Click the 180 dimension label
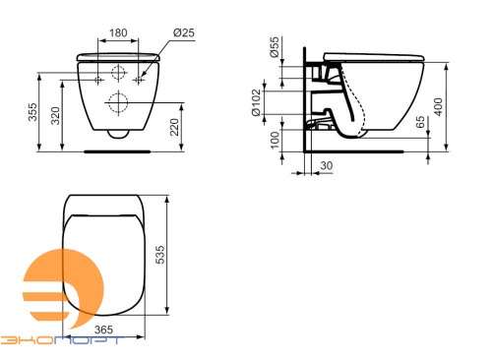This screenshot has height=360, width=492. pyautogui.click(x=118, y=32)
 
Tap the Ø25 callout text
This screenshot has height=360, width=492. pyautogui.click(x=184, y=32)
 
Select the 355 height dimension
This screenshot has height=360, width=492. pyautogui.click(x=32, y=112)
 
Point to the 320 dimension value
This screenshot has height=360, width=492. pyautogui.click(x=55, y=115)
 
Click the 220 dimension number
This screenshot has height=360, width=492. pyautogui.click(x=174, y=127)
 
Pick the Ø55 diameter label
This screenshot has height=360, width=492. pyautogui.click(x=275, y=47)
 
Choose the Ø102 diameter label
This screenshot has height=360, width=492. pyautogui.click(x=256, y=102)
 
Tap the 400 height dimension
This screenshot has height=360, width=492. pyautogui.click(x=438, y=106)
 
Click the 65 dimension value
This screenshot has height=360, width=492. pyautogui.click(x=420, y=122)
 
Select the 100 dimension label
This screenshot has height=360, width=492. pyautogui.click(x=275, y=140)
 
